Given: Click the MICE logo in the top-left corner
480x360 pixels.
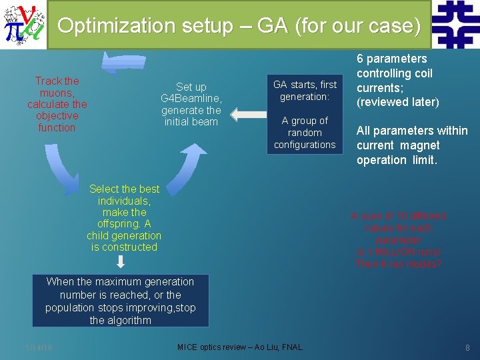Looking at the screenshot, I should (x=23, y=25).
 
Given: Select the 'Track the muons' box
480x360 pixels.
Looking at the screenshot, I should (x=57, y=104).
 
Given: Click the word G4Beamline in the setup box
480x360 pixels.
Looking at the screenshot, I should (x=191, y=99).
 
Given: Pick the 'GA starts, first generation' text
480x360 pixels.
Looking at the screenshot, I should (x=305, y=91).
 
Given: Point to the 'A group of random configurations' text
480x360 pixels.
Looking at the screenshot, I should (x=305, y=133).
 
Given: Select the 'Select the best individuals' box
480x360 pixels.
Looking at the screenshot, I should (x=124, y=218).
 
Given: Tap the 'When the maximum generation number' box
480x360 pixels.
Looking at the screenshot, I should (x=121, y=301).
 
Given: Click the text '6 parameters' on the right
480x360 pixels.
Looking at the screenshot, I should (x=391, y=59).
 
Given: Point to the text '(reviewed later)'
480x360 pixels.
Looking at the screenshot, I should (x=398, y=102).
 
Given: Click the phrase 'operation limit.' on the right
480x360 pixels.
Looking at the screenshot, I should (x=397, y=160).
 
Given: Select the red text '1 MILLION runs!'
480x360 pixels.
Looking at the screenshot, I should (x=399, y=252).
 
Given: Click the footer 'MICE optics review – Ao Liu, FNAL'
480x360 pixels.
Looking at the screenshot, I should (x=240, y=347).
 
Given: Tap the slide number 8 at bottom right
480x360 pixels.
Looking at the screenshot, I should (x=467, y=347).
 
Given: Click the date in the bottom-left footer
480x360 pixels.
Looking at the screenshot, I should (x=39, y=347).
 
